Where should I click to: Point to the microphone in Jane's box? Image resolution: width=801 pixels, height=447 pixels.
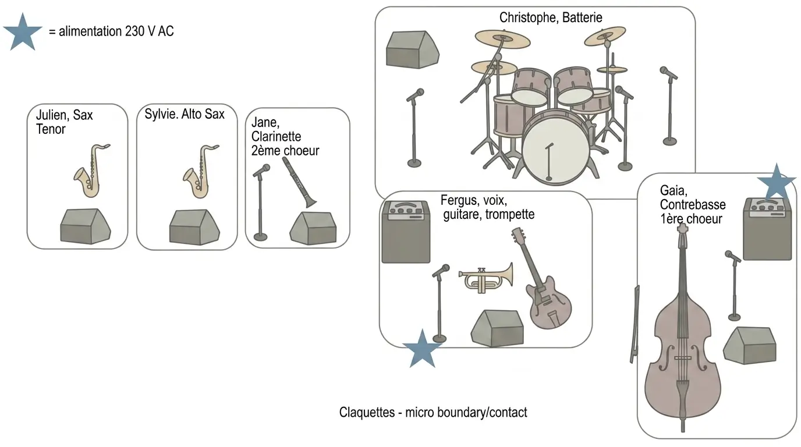260,203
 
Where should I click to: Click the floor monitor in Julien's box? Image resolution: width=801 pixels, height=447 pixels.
85,226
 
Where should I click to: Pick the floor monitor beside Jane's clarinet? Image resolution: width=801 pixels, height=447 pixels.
313,228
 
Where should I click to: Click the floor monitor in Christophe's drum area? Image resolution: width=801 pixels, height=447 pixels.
412,49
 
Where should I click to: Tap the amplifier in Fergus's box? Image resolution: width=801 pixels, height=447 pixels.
406,232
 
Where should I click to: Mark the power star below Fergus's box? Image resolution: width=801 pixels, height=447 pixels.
422,349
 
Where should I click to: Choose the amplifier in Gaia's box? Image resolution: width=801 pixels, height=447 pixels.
767,229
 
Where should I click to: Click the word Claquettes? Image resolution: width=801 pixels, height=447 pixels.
367,412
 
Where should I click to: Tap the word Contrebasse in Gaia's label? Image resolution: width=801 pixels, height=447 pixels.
693,204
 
